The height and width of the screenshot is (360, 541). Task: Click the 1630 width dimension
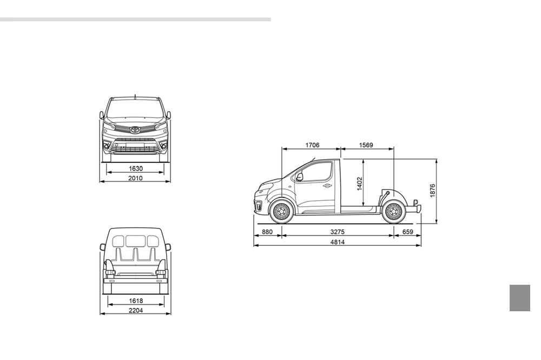136,168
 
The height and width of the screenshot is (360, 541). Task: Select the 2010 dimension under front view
135,178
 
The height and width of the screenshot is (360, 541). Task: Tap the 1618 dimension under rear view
136,300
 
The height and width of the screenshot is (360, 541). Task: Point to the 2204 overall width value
136,310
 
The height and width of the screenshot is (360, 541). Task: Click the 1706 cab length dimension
312,145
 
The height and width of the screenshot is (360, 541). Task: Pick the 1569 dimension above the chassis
366,145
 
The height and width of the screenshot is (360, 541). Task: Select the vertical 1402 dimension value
360,184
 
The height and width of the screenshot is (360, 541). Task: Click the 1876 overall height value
433,191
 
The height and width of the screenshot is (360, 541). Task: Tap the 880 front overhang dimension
267,232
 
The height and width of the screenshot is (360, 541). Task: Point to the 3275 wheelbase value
338,232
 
